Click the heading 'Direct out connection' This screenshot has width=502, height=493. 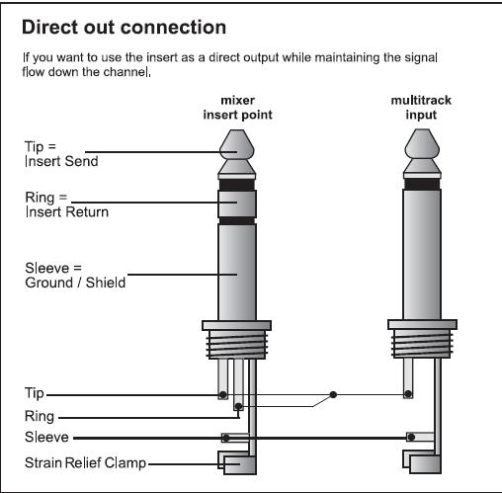point(124,27)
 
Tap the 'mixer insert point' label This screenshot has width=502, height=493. point(237,108)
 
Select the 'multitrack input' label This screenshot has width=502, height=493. point(421,108)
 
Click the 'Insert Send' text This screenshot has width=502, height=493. point(61,161)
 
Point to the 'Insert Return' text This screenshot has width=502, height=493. point(67,212)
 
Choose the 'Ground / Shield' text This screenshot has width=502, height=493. point(75,283)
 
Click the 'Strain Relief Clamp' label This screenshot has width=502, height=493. point(85,462)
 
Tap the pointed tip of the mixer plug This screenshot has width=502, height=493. point(237,129)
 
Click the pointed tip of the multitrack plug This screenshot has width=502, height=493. point(422,129)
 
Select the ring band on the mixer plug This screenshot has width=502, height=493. point(237,204)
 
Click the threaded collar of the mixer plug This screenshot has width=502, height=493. point(236,345)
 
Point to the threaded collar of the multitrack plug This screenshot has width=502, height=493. point(422,344)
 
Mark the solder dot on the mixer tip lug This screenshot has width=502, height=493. point(223,394)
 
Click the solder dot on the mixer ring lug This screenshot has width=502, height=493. point(238,406)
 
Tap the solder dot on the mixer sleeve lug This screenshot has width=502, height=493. point(226,438)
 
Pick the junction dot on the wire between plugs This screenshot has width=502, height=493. point(333,394)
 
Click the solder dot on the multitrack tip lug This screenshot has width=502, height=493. point(408,393)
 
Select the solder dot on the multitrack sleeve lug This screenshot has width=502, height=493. point(411,437)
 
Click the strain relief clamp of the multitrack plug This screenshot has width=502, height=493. point(422,462)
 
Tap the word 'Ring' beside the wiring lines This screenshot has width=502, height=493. point(40,416)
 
